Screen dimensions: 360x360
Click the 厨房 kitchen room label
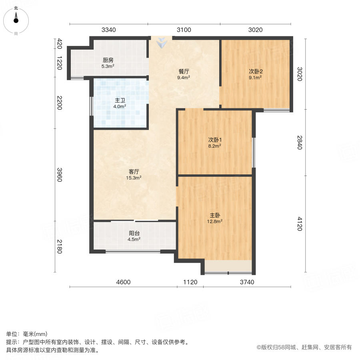click(x=108, y=60)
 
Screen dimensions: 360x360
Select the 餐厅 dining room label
click(x=184, y=72)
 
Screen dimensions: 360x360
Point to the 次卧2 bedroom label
click(x=256, y=72)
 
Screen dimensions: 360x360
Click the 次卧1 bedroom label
click(x=215, y=140)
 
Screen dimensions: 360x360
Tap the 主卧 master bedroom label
click(x=215, y=214)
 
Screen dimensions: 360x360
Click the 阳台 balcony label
click(x=134, y=233)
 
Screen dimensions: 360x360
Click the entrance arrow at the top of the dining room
click(x=162, y=42)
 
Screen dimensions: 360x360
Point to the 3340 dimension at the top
click(x=108, y=30)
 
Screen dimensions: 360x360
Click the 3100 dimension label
click(x=184, y=30)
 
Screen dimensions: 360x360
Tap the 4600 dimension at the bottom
click(x=124, y=282)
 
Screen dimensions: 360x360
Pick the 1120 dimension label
click(x=190, y=282)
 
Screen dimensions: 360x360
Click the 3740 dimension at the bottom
click(x=247, y=282)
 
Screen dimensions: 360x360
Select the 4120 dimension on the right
click(x=300, y=224)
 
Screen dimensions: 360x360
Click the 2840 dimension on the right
click(x=300, y=142)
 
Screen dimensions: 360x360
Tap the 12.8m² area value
click(x=215, y=220)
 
